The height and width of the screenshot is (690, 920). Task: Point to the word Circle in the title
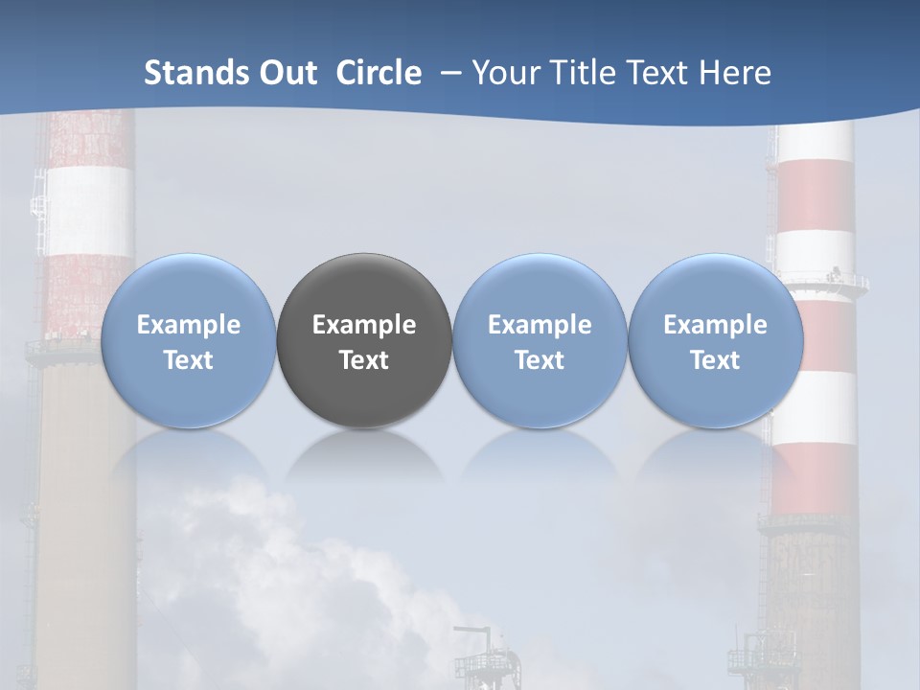pos(379,73)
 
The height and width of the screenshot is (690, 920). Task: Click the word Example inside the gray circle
pos(364,325)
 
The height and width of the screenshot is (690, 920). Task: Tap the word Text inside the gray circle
pos(364,360)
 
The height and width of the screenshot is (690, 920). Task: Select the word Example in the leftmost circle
pos(188,325)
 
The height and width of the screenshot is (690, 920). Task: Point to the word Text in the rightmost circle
pos(715,360)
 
